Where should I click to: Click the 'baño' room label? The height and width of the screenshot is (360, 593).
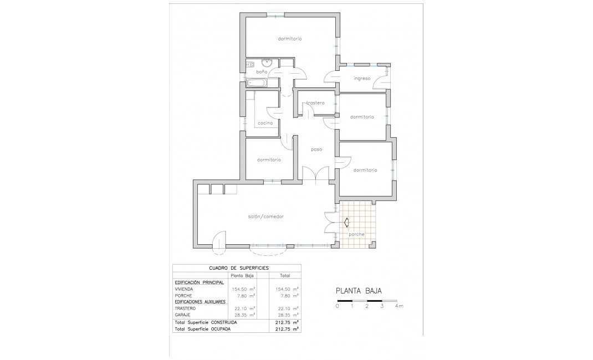click(262, 73)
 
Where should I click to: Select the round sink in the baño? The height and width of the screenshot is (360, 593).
click(268, 62)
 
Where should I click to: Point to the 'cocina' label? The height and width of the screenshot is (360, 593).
click(265, 122)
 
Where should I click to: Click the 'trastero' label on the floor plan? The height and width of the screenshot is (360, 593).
click(315, 102)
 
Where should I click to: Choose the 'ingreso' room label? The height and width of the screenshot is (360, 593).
click(362, 79)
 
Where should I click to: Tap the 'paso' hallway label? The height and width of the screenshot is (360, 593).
click(316, 149)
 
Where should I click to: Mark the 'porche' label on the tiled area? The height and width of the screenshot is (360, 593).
click(356, 234)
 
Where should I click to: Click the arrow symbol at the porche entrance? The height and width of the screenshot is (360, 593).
click(346, 223)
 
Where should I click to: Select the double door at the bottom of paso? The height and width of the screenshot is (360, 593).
click(316, 173)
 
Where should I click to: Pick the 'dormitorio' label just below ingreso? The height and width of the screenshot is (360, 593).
click(362, 117)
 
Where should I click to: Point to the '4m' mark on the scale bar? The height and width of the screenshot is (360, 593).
click(399, 306)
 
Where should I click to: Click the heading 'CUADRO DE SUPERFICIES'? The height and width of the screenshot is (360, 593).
click(239, 268)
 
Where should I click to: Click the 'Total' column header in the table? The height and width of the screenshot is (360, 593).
click(285, 275)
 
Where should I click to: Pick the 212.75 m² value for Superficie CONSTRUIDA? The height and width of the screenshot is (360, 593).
click(287, 322)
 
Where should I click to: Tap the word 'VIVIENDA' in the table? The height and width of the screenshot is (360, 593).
click(185, 289)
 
